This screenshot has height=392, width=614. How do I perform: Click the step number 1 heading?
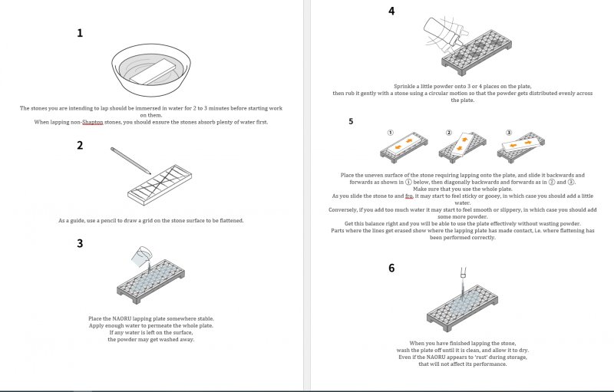(79, 33)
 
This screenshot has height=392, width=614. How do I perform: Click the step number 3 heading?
(79, 243)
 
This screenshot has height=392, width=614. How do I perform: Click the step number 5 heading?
(351, 120)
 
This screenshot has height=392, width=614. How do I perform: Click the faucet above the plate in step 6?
(463, 272)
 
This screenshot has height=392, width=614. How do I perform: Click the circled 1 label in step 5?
(390, 132)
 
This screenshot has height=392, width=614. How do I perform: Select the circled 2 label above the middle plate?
(450, 132)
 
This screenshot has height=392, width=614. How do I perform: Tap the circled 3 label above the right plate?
(507, 132)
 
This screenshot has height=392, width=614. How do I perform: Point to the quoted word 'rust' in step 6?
(461, 357)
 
